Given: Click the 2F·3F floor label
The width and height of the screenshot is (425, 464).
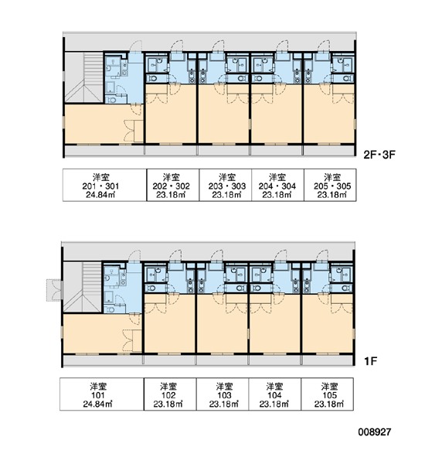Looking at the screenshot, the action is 379,155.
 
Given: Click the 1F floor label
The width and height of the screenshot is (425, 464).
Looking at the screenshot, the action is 371,361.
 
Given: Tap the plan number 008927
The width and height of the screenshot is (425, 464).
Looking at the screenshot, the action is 375,432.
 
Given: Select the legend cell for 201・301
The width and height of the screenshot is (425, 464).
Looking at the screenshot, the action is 104,186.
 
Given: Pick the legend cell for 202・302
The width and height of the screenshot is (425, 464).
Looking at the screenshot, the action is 173,186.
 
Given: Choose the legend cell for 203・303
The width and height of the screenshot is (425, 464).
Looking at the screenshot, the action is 226,186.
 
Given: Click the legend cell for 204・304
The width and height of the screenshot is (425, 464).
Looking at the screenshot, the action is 277,186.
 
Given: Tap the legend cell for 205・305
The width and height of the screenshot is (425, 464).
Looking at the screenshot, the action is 330,186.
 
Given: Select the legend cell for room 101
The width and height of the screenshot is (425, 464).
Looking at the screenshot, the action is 102,394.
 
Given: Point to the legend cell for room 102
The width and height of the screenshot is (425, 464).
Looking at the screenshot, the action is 170,394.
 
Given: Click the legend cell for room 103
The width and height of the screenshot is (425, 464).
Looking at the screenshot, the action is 223,394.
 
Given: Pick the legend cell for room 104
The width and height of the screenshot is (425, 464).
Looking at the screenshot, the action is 275,394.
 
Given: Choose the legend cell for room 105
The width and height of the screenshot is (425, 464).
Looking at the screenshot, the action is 327,394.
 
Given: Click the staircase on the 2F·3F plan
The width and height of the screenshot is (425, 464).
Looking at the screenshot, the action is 84,77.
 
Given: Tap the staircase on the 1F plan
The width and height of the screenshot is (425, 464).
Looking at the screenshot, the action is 83,287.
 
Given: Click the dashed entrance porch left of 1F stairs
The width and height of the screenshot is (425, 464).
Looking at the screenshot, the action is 55,290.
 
